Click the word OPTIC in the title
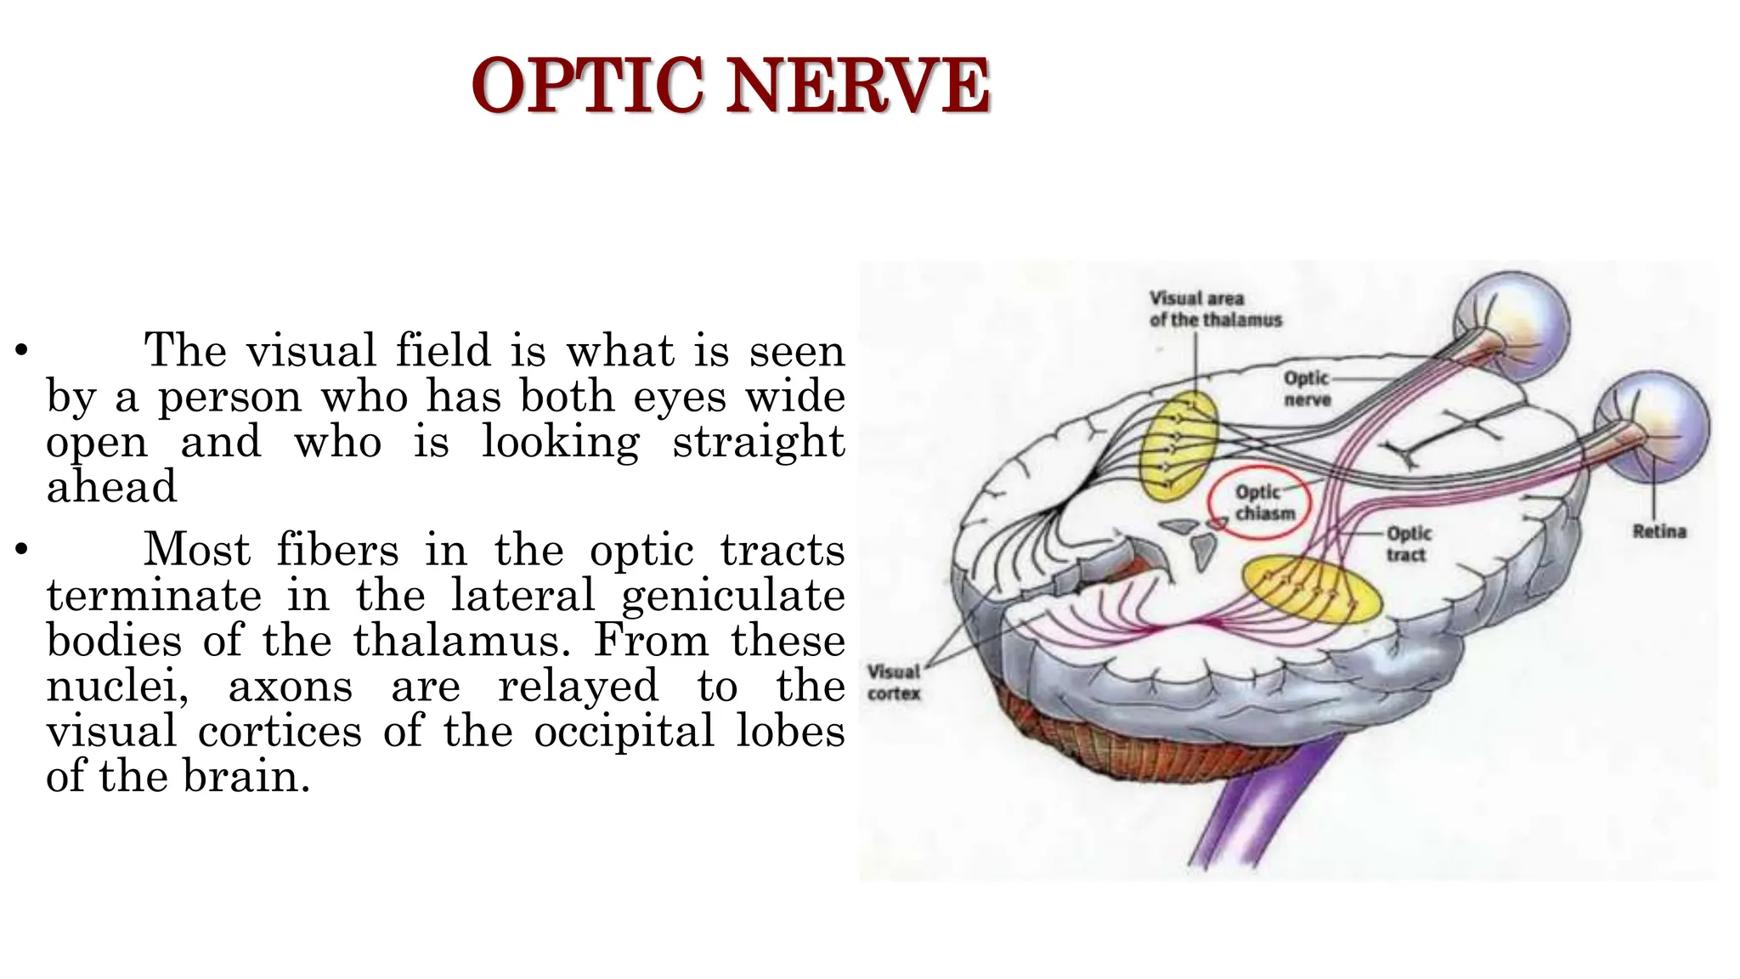click(x=586, y=86)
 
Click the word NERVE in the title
click(x=858, y=86)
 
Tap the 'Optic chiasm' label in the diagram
click(x=1265, y=503)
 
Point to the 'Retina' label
click(x=1659, y=532)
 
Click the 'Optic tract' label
click(x=1409, y=544)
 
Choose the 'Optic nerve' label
click(x=1307, y=388)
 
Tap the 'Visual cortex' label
click(x=894, y=682)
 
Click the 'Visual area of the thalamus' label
click(x=1215, y=309)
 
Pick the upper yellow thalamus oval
click(x=1179, y=444)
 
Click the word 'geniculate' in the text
click(x=733, y=595)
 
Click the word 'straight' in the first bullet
click(x=759, y=442)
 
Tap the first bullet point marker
click(x=22, y=350)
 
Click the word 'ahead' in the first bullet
click(x=111, y=487)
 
